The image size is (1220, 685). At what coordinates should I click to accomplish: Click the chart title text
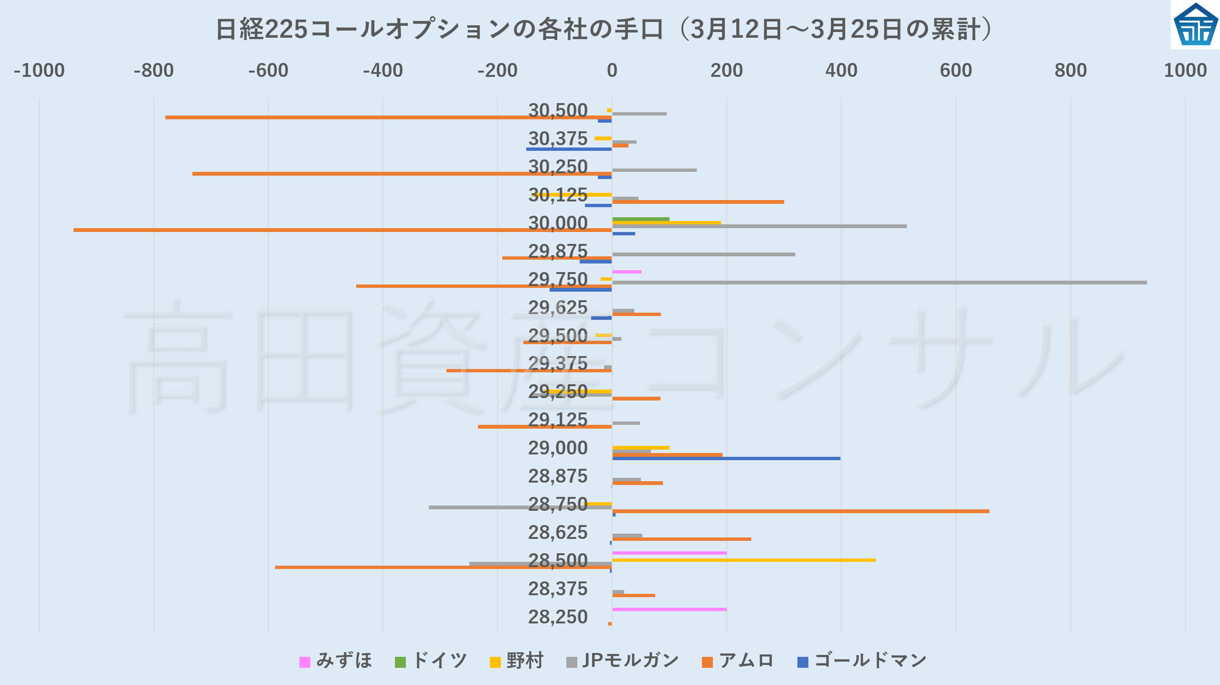coord(605,30)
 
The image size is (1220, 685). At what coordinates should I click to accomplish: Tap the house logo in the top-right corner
coord(1195,25)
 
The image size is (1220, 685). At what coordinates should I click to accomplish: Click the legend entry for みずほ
coord(336,661)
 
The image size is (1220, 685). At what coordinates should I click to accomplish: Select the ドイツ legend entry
coord(431,661)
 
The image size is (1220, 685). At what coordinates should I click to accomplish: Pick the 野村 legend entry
coord(517,661)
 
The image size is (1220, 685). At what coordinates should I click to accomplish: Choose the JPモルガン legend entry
coord(623,661)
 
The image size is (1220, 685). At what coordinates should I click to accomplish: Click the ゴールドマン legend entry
coord(862,661)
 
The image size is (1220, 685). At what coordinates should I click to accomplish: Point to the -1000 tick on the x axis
coord(39,71)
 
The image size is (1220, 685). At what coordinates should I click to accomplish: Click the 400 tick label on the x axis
coord(841,71)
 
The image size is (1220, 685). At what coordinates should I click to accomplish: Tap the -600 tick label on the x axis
coord(268,71)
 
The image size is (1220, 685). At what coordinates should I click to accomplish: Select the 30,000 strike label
coord(558,223)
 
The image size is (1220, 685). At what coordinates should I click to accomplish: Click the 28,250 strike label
coord(558,617)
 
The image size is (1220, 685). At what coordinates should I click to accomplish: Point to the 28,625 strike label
coord(558,533)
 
